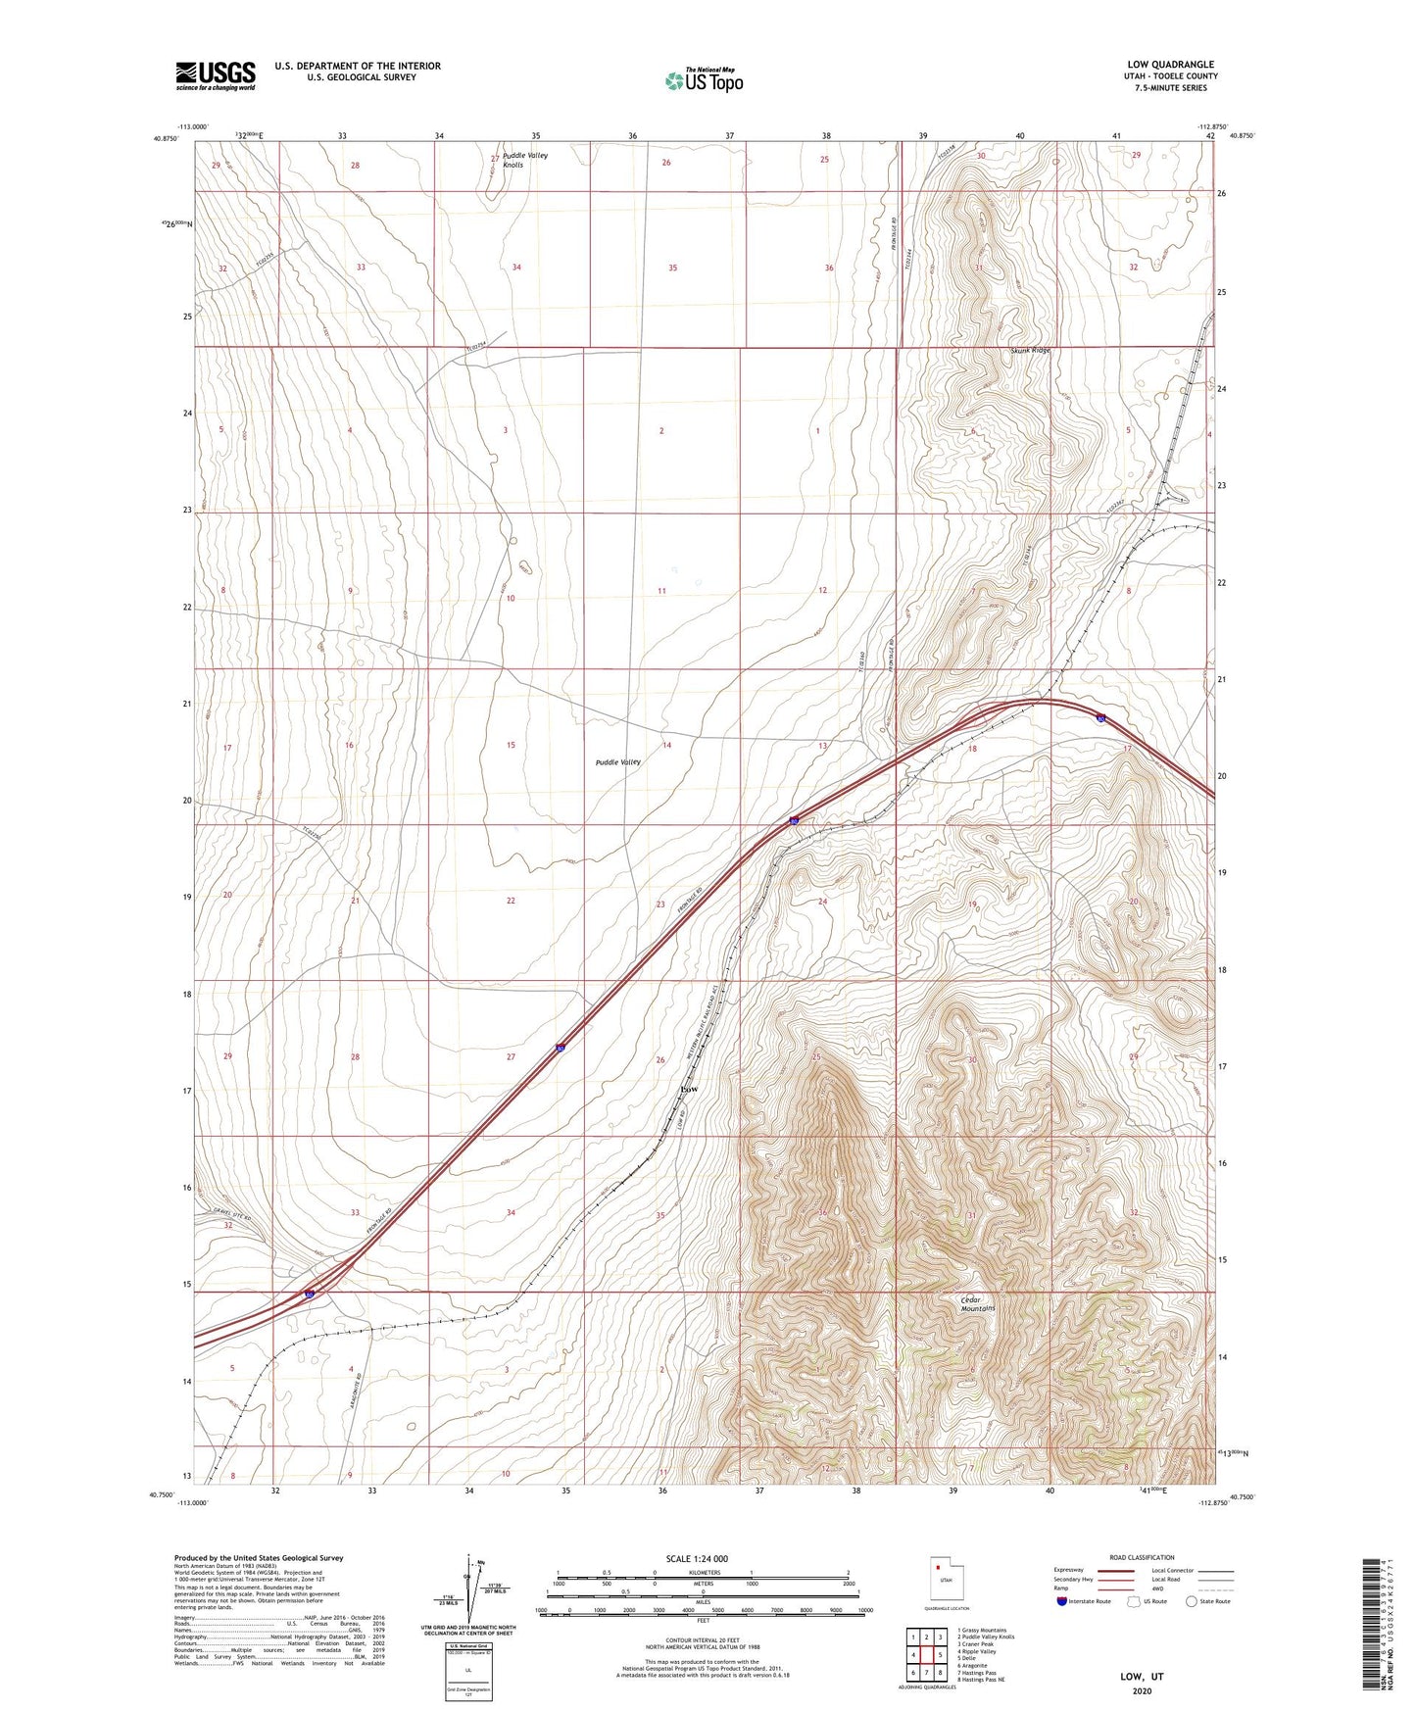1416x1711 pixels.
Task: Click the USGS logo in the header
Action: pyautogui.click(x=215, y=74)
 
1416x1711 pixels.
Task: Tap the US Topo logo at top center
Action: pyautogui.click(x=704, y=80)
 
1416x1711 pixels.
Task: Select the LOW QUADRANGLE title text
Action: pyautogui.click(x=1170, y=65)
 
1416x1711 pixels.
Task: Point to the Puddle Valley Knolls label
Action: pyautogui.click(x=525, y=160)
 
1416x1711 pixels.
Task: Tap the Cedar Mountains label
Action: pyautogui.click(x=977, y=1304)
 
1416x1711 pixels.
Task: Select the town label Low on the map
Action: pyautogui.click(x=690, y=1089)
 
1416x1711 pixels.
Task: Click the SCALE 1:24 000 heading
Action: pyautogui.click(x=697, y=1558)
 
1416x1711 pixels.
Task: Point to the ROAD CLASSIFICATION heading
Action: pyautogui.click(x=1142, y=1557)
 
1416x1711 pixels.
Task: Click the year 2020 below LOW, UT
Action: pyautogui.click(x=1142, y=1690)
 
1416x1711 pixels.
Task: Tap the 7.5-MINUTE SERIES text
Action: pyautogui.click(x=1170, y=87)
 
